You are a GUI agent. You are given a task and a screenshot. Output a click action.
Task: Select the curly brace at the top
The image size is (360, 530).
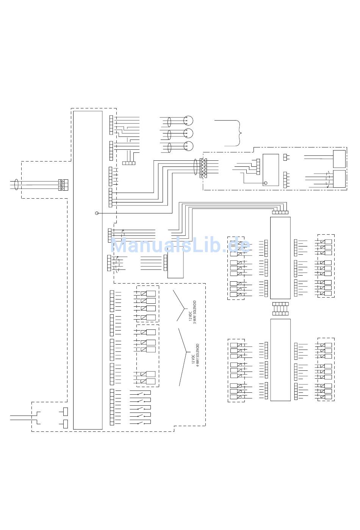tap(239, 133)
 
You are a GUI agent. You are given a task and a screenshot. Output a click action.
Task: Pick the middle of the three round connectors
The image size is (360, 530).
tap(188, 133)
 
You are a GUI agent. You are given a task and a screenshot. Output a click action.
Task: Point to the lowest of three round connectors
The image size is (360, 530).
tap(188, 146)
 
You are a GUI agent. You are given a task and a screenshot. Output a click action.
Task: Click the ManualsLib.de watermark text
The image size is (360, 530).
tap(180, 246)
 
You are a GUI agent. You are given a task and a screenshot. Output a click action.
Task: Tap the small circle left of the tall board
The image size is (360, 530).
tap(97, 213)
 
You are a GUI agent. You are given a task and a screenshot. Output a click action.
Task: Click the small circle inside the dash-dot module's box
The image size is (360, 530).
tap(265, 183)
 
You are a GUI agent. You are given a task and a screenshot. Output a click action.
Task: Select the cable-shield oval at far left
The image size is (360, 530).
tap(16, 184)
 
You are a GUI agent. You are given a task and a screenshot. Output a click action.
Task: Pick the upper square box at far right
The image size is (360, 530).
tap(339, 159)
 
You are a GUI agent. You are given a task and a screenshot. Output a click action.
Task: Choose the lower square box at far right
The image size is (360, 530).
tap(339, 179)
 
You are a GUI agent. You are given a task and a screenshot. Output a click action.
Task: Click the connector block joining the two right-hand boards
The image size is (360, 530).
tap(280, 309)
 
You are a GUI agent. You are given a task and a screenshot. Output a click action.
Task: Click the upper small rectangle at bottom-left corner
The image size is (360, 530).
tap(66, 411)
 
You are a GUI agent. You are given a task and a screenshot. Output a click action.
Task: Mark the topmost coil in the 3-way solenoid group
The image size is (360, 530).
tap(151, 293)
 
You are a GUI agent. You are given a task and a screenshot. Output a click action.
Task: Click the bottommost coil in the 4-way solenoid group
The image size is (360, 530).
tap(151, 381)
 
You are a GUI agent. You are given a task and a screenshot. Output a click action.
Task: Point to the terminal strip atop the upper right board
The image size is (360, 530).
tap(280, 212)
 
